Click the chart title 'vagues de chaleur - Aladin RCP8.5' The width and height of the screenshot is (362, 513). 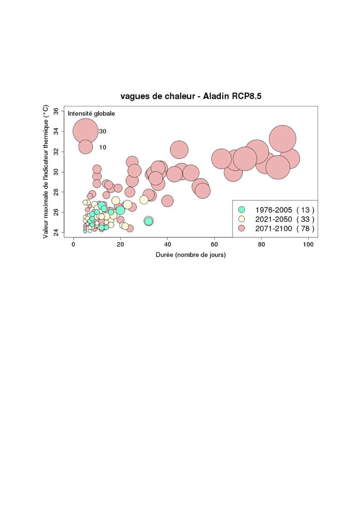click(191, 96)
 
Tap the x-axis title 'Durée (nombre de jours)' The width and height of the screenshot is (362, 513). click(190, 255)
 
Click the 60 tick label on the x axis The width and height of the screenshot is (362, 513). click(214, 245)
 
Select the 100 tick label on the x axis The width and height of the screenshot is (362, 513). click(308, 245)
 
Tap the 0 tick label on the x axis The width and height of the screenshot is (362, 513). click(73, 245)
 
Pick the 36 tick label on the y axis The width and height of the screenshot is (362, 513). click(56, 111)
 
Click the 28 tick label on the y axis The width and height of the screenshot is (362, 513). click(56, 192)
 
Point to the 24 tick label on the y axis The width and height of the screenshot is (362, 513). click(56, 232)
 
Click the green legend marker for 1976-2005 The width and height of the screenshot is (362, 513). click(242, 210)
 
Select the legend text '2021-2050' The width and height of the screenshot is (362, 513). click(273, 219)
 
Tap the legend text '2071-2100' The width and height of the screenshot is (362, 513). click(273, 228)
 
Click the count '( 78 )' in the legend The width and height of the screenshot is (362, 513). click(305, 228)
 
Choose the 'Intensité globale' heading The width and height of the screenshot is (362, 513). click(91, 114)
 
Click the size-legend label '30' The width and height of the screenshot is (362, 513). click(103, 131)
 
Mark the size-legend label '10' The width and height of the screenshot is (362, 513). click(103, 147)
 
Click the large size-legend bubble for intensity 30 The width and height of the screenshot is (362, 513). click(85, 131)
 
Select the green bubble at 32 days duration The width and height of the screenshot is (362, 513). click(148, 221)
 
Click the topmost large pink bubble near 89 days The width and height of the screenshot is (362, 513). click(282, 139)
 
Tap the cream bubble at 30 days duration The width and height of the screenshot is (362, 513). click(144, 200)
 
